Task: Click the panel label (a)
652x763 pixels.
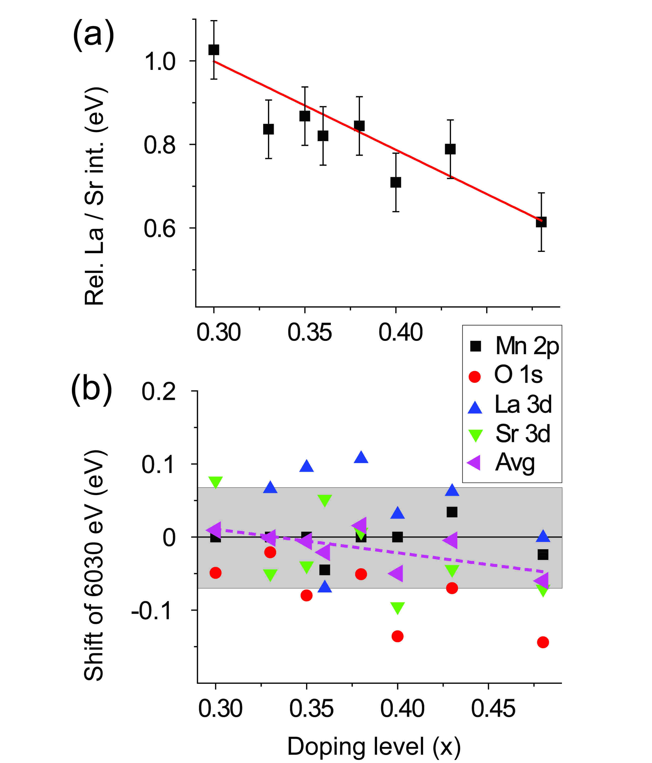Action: pos(93,35)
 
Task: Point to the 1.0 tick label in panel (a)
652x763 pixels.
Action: pos(160,61)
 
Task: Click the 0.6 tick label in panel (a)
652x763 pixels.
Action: pos(160,228)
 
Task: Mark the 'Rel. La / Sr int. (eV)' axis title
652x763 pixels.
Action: pos(95,196)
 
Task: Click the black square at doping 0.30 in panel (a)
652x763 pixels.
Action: pos(214,50)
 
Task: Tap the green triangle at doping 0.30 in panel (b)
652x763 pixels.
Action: pos(215,482)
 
